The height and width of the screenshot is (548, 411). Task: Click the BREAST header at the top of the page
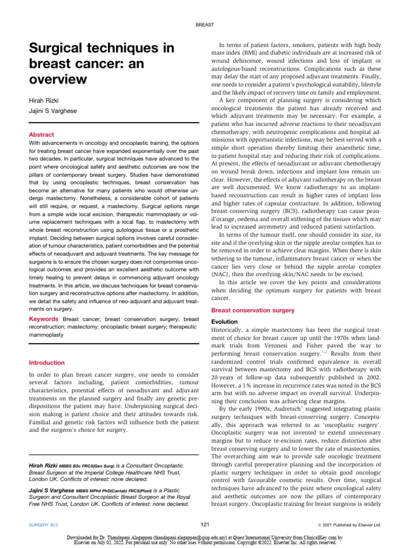tap(205, 25)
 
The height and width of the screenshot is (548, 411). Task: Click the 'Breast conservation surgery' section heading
tap(253, 310)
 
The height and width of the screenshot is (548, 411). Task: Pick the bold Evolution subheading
tap(226, 322)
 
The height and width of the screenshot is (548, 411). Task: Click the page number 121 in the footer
tap(205, 523)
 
